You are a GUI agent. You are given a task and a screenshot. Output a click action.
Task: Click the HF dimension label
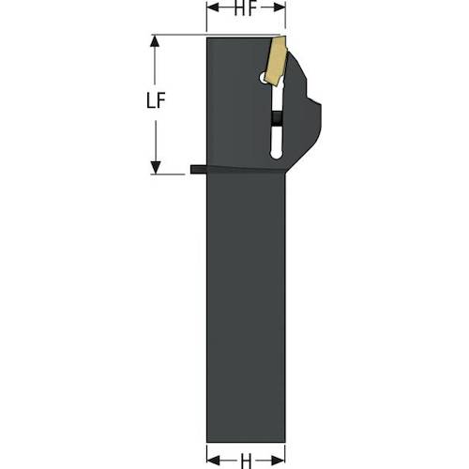[x=246, y=8]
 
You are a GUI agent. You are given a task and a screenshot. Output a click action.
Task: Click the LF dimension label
[x=156, y=100]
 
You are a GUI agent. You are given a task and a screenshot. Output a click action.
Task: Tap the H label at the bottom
[x=246, y=461]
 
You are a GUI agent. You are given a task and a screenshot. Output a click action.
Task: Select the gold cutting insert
[x=276, y=60]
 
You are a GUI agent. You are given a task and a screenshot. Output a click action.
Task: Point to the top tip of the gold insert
[x=285, y=37]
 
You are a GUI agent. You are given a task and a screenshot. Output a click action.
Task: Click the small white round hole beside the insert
[x=263, y=78]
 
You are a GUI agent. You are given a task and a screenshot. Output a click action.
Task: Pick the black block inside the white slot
[x=276, y=118]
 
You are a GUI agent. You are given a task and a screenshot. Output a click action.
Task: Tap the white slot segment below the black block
[x=276, y=142]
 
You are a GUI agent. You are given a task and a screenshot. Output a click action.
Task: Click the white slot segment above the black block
[x=277, y=98]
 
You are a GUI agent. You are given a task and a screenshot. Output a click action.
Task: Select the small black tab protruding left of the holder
[x=199, y=170]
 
